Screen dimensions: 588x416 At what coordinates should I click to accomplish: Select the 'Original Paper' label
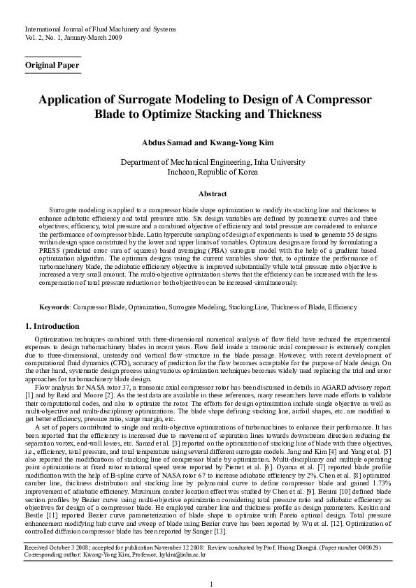click(52, 65)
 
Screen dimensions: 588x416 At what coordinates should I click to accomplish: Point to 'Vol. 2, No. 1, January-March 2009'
click(73, 38)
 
